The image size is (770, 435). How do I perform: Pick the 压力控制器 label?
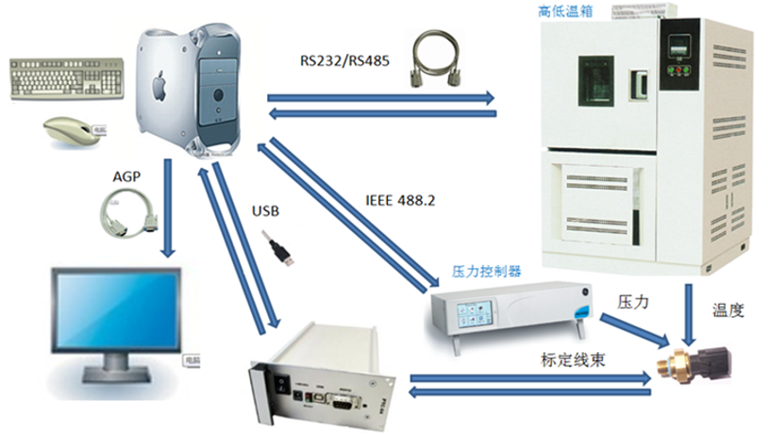click(487, 271)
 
